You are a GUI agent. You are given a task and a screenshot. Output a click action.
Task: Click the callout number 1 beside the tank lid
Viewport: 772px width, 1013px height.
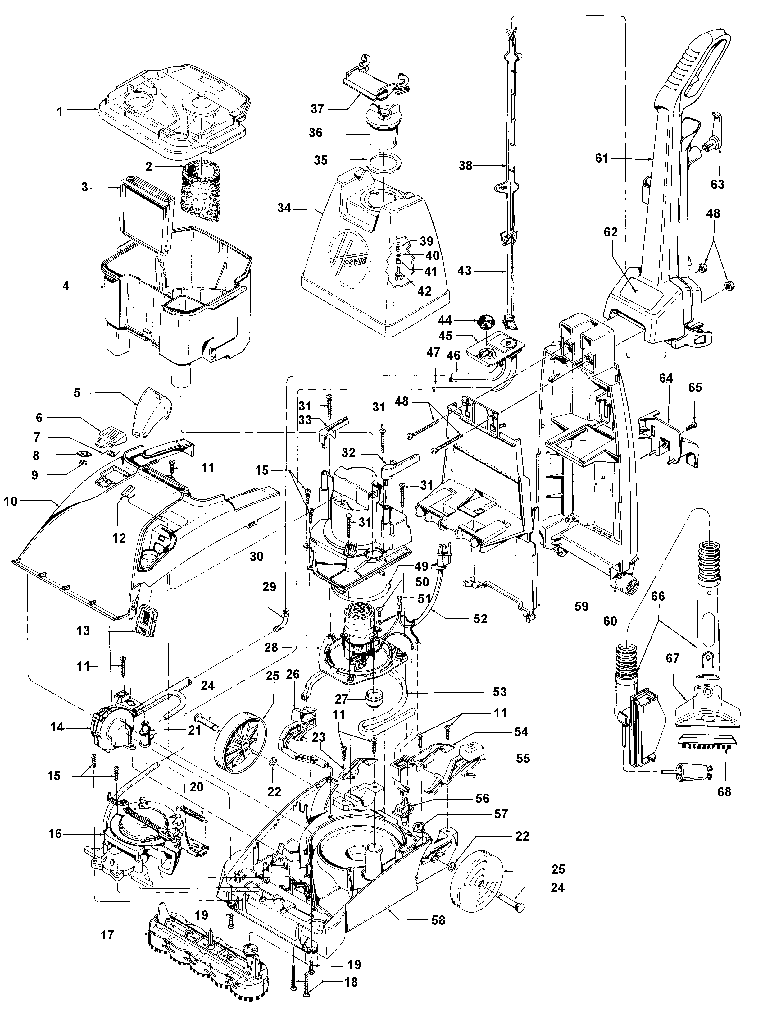pyautogui.click(x=60, y=111)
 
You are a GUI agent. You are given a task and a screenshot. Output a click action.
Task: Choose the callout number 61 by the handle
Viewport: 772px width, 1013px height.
pyautogui.click(x=602, y=159)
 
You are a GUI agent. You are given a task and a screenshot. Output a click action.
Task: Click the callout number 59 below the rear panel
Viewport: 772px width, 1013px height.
pyautogui.click(x=582, y=607)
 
